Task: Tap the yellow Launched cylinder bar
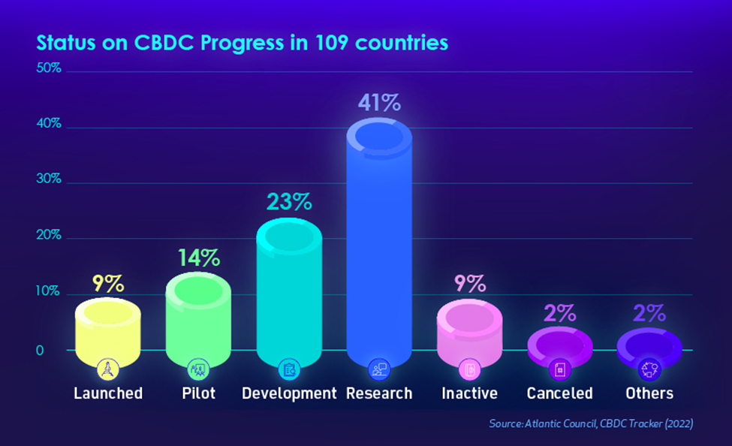(x=109, y=330)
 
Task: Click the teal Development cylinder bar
(x=289, y=293)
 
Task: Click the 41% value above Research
(x=379, y=104)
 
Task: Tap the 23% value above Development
(x=289, y=202)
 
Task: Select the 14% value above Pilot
(x=199, y=258)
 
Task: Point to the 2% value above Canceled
(x=560, y=312)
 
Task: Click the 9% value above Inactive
(x=470, y=284)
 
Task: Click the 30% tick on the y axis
(x=49, y=182)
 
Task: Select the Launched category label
(x=108, y=393)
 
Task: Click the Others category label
(x=649, y=393)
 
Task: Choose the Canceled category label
(x=559, y=393)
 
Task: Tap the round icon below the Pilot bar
(x=199, y=369)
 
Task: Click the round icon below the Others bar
(x=649, y=369)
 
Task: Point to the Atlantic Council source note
(x=591, y=423)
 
